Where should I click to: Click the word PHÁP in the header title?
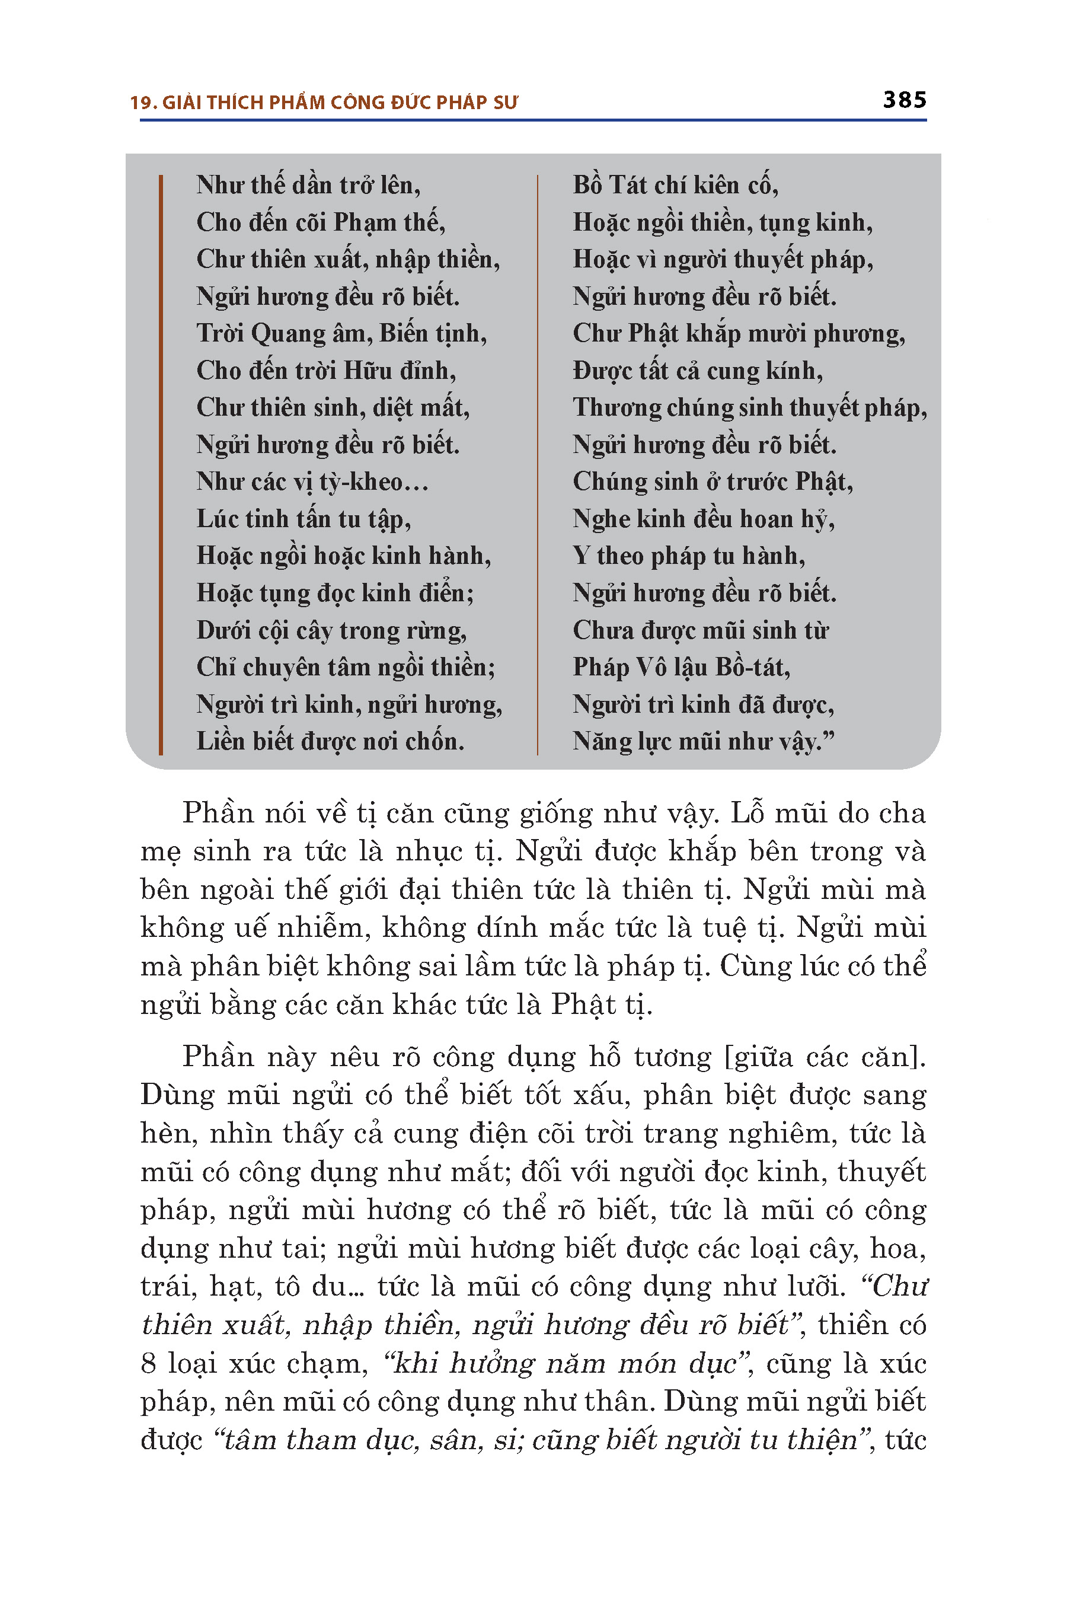456,103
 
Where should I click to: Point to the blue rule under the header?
533,120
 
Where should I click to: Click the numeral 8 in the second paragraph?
149,1363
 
